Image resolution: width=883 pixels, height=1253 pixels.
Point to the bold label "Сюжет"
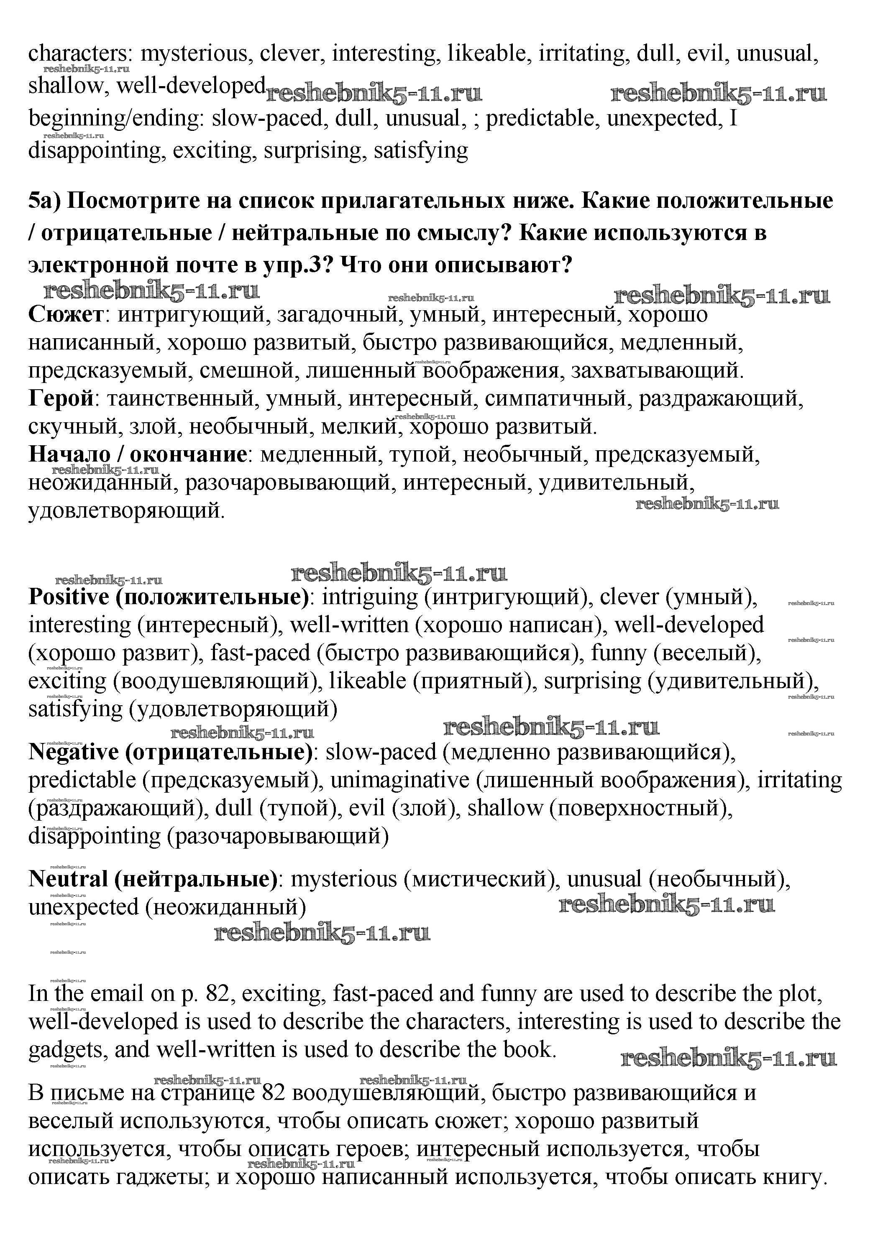click(x=66, y=315)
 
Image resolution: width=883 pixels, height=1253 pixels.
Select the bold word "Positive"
click(x=69, y=597)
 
